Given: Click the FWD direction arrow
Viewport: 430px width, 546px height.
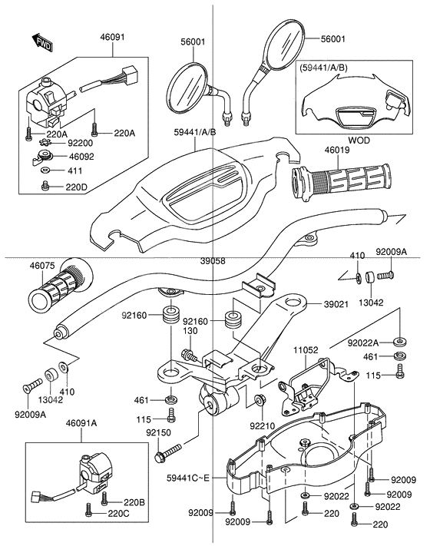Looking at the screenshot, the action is (x=42, y=43).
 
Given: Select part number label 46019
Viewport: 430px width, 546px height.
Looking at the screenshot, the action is (x=337, y=150).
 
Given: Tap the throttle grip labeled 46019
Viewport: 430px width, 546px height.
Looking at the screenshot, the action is (x=341, y=181).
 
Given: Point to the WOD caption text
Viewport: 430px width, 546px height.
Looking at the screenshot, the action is (x=359, y=141).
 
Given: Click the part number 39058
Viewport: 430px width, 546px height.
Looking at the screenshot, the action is (x=213, y=261).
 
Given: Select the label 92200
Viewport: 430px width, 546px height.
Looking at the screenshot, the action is (x=81, y=143).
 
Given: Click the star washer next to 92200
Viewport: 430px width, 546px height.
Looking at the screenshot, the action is (x=45, y=143).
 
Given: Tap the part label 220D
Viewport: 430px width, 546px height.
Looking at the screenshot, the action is (x=77, y=187).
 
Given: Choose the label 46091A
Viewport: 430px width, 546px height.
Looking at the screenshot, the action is (x=81, y=423).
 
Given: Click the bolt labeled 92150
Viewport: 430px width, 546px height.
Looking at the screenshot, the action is (x=168, y=452).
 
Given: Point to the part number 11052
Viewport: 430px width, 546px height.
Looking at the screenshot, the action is (x=306, y=350).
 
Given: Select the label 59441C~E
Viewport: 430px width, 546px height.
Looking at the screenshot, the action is (x=188, y=478).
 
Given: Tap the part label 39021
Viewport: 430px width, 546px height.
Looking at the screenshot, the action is (x=336, y=304).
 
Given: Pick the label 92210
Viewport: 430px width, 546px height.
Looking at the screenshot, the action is (x=262, y=425).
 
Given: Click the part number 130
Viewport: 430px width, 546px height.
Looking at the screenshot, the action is (x=190, y=331).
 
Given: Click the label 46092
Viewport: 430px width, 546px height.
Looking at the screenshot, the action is (x=81, y=157).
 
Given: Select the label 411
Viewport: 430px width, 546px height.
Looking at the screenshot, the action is (x=75, y=171).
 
